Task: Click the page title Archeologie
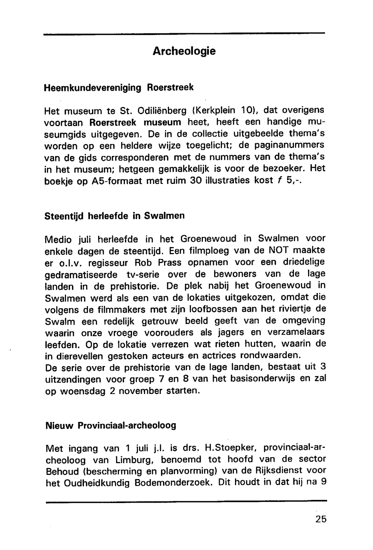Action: tap(184, 51)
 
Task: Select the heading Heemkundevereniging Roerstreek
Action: tap(119, 88)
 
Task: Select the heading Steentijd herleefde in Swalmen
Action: tap(114, 216)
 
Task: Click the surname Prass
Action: tap(169, 262)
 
